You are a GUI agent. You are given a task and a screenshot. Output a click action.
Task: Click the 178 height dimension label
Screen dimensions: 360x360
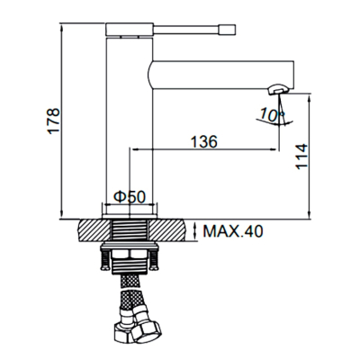pyautogui.click(x=54, y=121)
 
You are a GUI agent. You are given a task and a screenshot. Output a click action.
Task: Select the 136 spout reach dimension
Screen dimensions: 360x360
pyautogui.click(x=204, y=141)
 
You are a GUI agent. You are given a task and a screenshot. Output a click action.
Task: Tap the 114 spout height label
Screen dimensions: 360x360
pyautogui.click(x=301, y=157)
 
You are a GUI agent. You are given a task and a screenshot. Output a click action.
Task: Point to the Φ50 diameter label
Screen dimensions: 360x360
pyautogui.click(x=130, y=197)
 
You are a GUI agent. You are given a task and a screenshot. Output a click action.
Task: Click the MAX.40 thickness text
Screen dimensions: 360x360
pyautogui.click(x=233, y=231)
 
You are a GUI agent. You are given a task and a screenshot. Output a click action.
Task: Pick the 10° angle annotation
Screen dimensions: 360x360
pyautogui.click(x=271, y=114)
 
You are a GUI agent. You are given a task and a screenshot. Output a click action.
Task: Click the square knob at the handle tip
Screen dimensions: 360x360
pyautogui.click(x=227, y=30)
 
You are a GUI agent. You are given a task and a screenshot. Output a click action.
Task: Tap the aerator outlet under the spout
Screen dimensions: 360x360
pyautogui.click(x=278, y=89)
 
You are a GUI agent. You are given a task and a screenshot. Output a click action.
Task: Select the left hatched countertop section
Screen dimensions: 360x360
pyautogui.click(x=94, y=230)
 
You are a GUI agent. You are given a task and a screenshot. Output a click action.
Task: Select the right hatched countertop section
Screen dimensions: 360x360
pyautogui.click(x=166, y=230)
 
